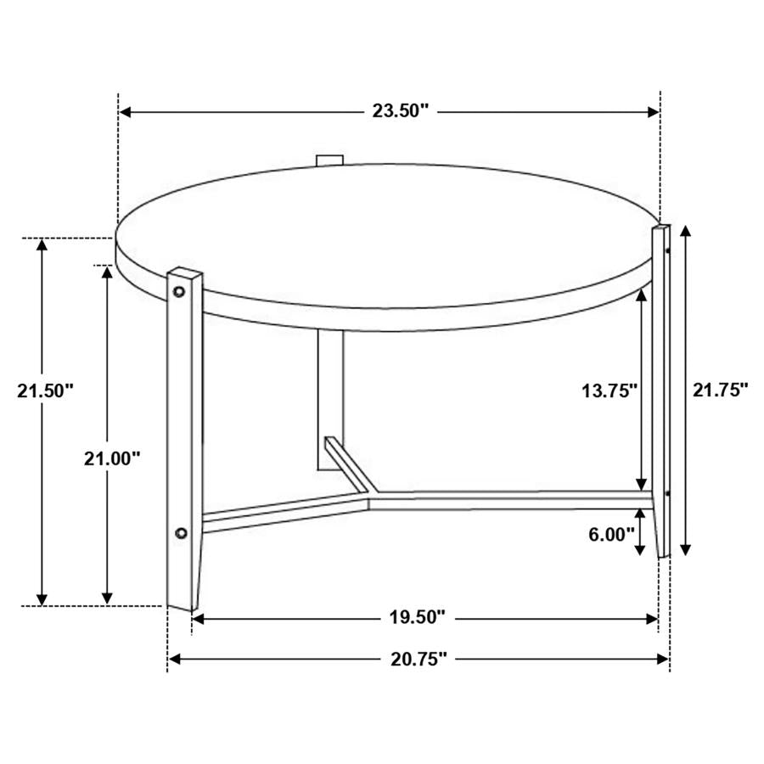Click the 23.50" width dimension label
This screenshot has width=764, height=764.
(401, 111)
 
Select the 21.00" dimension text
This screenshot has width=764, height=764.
(111, 458)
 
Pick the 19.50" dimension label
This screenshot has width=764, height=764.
(416, 618)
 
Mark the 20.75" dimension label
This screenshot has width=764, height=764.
(417, 658)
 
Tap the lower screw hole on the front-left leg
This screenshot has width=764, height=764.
(180, 533)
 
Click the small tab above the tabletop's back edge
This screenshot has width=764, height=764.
(329, 159)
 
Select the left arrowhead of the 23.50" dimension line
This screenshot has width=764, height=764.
(124, 111)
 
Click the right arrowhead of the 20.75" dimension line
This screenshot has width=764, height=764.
(664, 658)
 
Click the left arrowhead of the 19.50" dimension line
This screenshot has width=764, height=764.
(198, 619)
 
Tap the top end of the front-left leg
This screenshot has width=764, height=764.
(186, 273)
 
